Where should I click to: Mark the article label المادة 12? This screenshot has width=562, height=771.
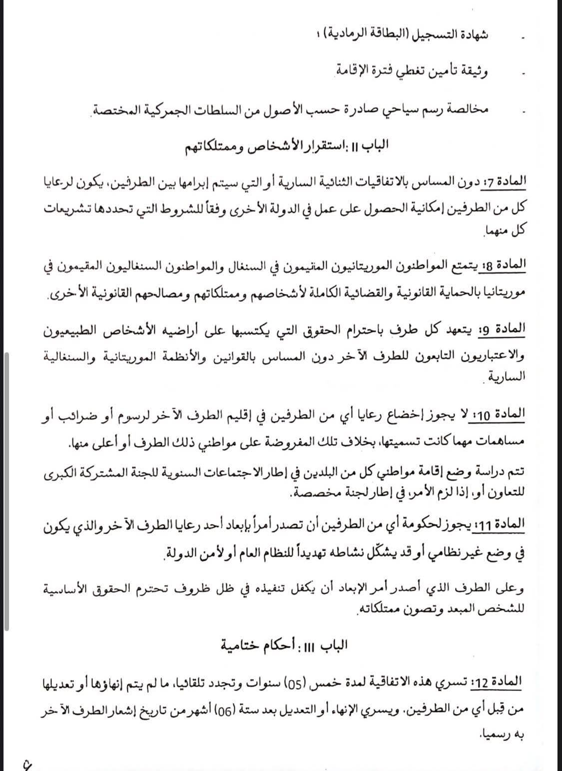(500, 680)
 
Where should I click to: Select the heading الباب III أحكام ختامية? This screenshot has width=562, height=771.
(285, 645)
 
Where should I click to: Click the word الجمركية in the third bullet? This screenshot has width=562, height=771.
(179, 108)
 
